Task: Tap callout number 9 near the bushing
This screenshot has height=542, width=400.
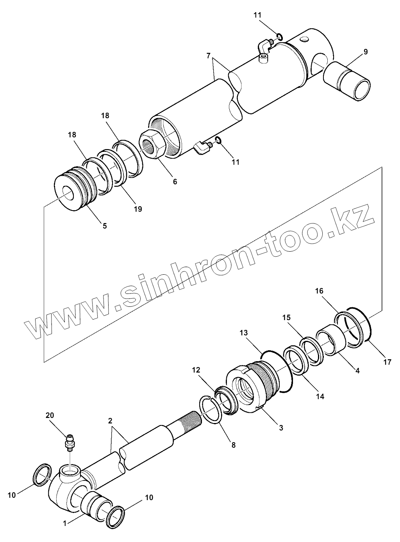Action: [x=365, y=52]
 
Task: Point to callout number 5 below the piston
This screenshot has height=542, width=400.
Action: [x=104, y=226]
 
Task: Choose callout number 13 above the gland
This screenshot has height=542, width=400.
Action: [x=244, y=333]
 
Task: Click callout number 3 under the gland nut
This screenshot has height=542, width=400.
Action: [x=281, y=428]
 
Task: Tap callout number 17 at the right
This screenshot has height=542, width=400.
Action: [x=387, y=362]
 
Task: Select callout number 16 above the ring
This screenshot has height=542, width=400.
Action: [x=319, y=291]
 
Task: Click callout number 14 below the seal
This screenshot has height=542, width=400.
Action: [x=320, y=396]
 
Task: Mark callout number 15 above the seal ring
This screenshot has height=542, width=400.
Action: [x=286, y=317]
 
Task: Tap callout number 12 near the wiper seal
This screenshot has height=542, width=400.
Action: [x=196, y=370]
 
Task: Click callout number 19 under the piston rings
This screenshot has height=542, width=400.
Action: [x=137, y=209]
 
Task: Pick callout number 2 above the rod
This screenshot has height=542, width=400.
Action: [x=110, y=421]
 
